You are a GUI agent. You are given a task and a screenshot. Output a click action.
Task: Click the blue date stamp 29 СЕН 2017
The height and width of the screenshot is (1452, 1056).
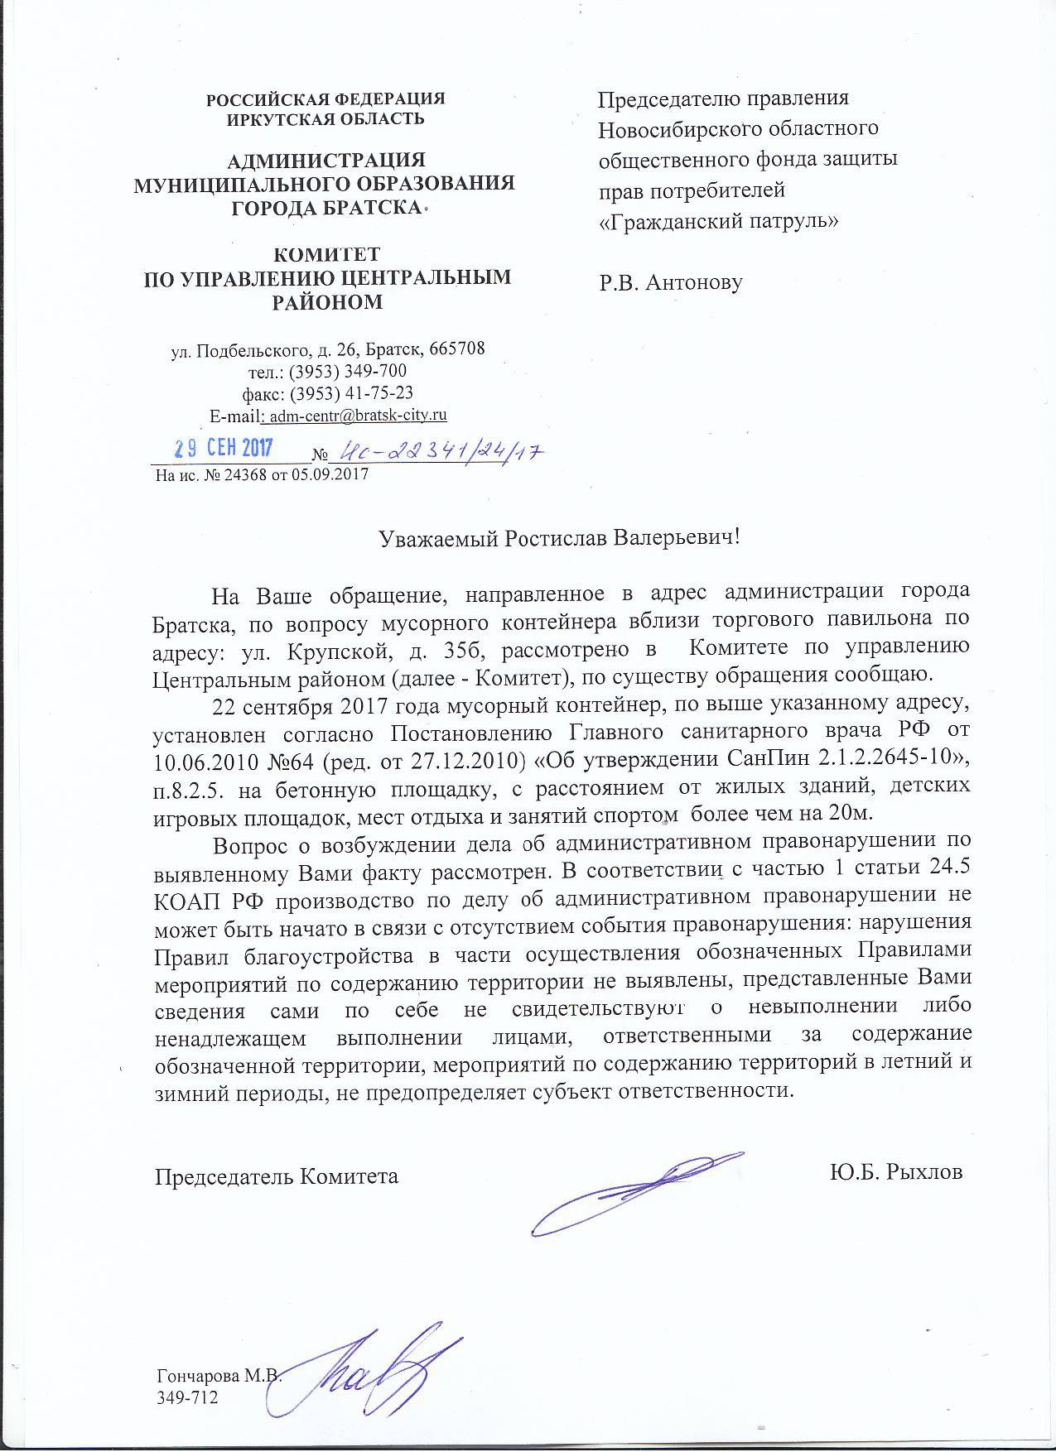pos(223,449)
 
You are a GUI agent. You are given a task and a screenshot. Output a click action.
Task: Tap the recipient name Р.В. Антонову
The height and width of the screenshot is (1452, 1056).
pos(671,282)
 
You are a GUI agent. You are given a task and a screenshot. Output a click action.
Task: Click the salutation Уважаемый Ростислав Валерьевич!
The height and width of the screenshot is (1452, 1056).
pos(558,537)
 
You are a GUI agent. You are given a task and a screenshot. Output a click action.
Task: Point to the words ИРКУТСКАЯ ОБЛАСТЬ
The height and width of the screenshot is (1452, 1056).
pos(325,118)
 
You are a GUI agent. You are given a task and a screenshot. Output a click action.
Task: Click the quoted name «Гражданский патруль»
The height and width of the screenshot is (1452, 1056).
pos(719,222)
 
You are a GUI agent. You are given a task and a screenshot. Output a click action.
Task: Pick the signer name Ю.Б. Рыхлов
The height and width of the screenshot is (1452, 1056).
pos(895,1173)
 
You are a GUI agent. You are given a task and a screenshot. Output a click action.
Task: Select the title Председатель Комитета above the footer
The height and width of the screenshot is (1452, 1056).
pos(277,1176)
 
